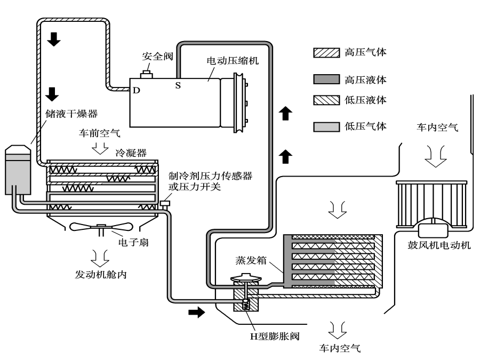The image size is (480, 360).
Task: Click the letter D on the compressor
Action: [136, 90]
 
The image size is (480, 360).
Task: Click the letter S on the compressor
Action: [178, 85]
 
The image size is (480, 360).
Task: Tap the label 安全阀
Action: [157, 57]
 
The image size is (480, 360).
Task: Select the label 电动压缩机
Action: [233, 61]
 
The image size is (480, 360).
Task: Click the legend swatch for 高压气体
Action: [326, 53]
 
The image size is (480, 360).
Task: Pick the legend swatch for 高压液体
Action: [326, 79]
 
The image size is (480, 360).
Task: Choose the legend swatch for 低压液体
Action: [326, 100]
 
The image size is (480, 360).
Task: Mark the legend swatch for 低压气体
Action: [326, 127]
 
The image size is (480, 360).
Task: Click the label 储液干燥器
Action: [71, 114]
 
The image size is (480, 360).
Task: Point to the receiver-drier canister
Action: [18, 170]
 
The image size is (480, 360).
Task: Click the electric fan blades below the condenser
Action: [101, 227]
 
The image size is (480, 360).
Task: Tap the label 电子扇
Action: [133, 243]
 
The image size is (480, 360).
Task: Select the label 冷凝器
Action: [131, 153]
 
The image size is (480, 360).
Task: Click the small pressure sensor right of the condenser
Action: [165, 203]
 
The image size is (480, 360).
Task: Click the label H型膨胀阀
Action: [275, 336]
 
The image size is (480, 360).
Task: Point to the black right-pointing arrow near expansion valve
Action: [196, 312]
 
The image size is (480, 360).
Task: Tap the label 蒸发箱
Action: [251, 260]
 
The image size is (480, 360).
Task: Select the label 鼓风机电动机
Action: [439, 245]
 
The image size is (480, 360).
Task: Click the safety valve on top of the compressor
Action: [146, 74]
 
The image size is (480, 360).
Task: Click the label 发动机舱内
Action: [101, 275]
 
